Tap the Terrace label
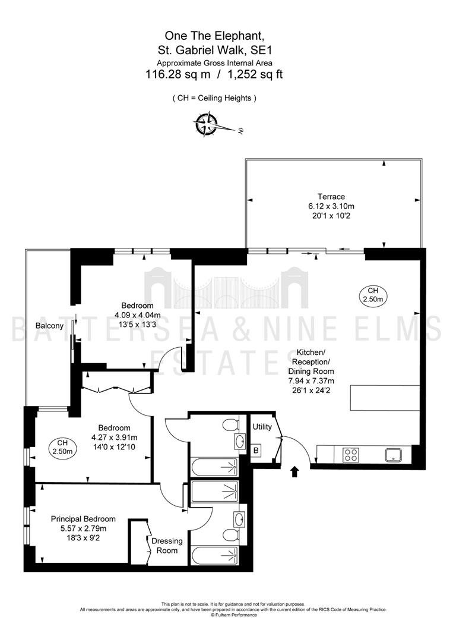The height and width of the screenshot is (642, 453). (x=331, y=197)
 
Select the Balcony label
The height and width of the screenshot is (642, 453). (x=49, y=326)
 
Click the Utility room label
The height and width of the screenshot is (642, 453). (x=262, y=427)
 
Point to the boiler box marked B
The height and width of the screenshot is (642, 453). (x=256, y=451)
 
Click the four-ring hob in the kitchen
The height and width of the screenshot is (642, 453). (x=350, y=455)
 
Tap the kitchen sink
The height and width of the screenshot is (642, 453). (x=393, y=455)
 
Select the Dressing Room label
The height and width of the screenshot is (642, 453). (x=167, y=546)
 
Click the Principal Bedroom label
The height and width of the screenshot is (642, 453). (x=83, y=519)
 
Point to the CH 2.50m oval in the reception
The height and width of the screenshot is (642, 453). (x=373, y=295)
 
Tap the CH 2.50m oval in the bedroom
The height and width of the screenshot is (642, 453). (x=62, y=447)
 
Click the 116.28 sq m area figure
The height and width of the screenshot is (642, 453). (x=178, y=74)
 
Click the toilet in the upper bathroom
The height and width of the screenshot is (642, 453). (x=231, y=424)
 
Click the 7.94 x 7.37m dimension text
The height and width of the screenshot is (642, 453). (x=311, y=381)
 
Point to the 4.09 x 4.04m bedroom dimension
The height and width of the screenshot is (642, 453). (x=137, y=315)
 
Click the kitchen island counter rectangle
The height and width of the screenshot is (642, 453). (x=385, y=398)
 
